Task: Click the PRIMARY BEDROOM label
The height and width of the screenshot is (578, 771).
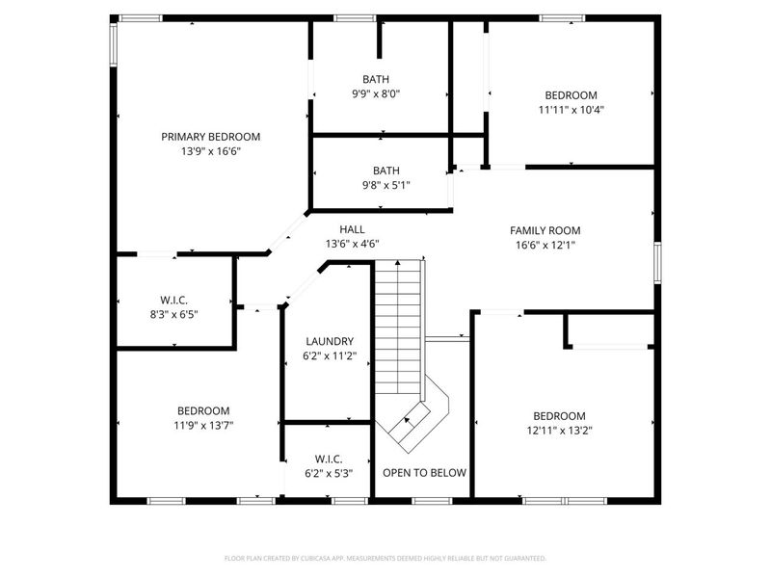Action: (x=210, y=137)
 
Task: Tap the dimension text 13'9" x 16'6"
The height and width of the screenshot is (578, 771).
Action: (x=210, y=151)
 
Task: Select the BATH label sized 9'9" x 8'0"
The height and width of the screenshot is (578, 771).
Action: (x=381, y=80)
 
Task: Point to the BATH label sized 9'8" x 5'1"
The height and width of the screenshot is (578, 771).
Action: (x=381, y=170)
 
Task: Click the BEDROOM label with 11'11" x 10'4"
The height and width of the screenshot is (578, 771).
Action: (x=571, y=94)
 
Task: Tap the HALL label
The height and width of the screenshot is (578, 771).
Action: (x=352, y=229)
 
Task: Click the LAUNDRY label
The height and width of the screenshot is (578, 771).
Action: (x=330, y=341)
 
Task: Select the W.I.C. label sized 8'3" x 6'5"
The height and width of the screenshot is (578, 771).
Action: (x=173, y=299)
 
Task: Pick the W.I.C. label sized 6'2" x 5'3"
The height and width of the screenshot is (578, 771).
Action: (x=329, y=459)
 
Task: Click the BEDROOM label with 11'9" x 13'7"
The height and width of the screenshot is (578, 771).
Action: (x=202, y=410)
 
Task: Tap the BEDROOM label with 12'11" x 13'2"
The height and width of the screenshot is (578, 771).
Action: (x=559, y=416)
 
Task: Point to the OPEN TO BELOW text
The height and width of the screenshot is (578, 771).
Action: (x=424, y=473)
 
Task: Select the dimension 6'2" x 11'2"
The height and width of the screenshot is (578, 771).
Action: (x=330, y=355)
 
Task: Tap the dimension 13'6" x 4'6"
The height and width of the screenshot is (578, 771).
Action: (x=352, y=244)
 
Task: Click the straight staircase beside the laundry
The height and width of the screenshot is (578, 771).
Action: (x=398, y=323)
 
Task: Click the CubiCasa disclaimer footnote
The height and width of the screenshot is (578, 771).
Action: (x=385, y=558)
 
